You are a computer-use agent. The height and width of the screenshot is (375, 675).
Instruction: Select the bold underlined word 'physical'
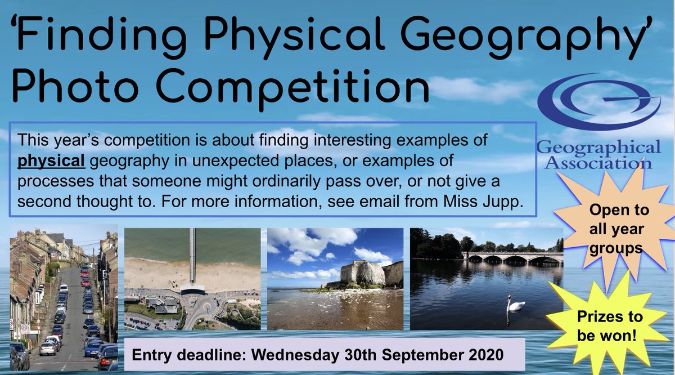51,162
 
